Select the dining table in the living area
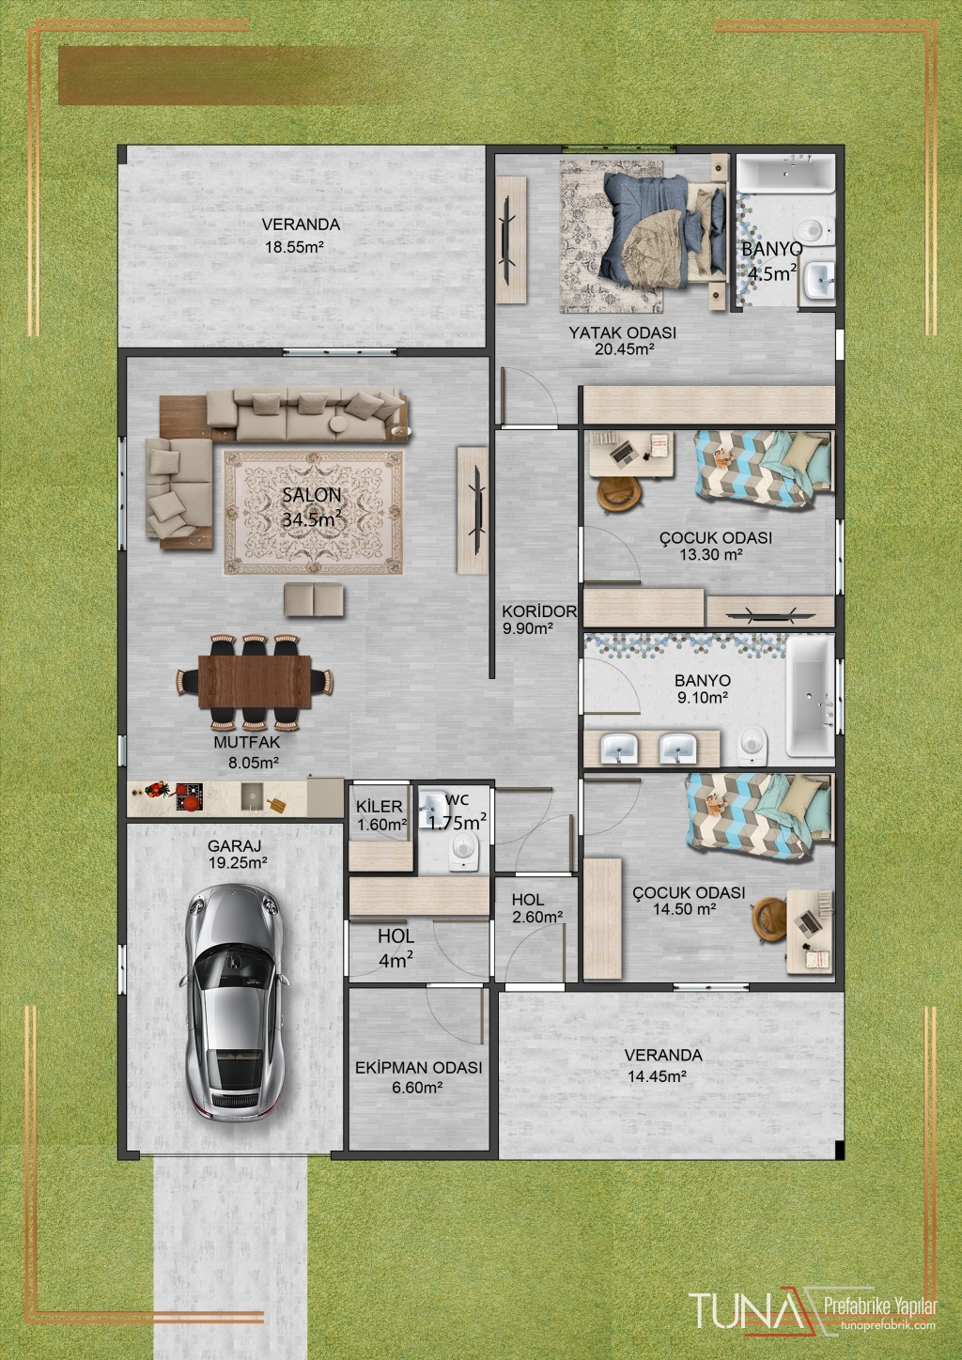coord(255,681)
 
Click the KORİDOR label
coord(538,610)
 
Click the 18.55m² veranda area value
coord(294,247)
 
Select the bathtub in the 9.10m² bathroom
coord(810,696)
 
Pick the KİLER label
coord(380,806)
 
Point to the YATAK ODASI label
coord(623,332)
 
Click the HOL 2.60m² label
coord(536,907)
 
